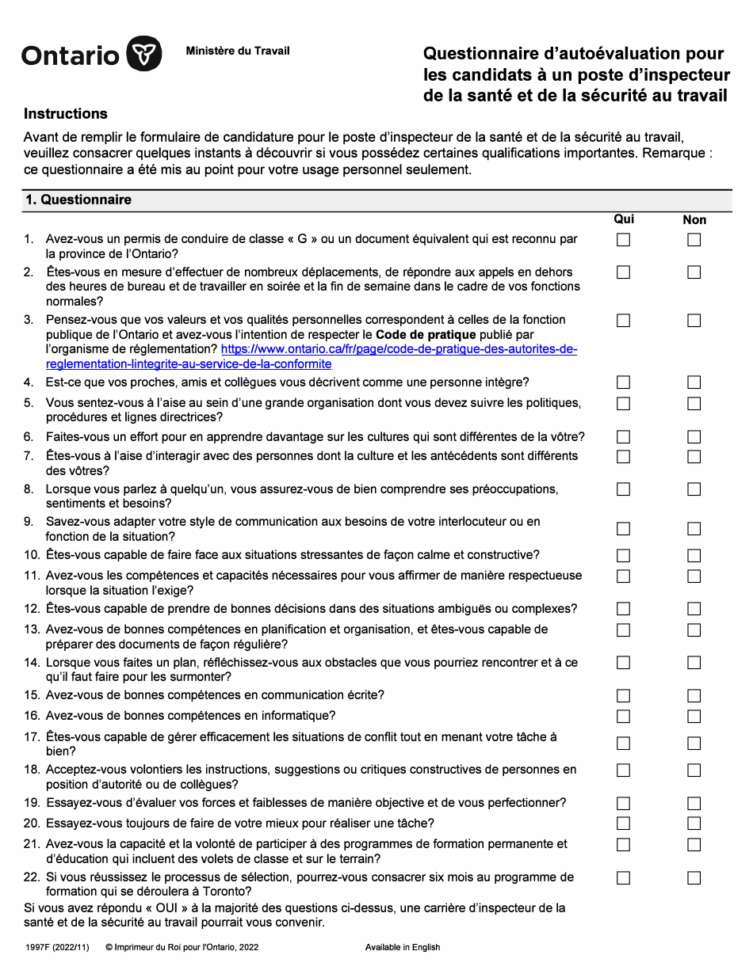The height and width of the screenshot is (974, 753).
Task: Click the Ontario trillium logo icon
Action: pos(144,55)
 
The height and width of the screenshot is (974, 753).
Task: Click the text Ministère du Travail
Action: pos(238,51)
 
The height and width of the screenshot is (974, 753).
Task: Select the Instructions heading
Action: pos(66,114)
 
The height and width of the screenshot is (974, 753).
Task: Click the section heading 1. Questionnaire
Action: pos(78,200)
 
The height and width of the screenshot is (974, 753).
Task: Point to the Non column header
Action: pos(694,220)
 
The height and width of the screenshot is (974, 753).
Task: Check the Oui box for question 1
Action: pos(624,240)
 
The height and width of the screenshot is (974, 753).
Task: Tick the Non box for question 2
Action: pos(694,272)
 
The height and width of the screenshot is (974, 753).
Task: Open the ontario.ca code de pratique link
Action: pos(399,349)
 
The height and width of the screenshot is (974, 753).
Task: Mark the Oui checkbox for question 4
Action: pos(624,382)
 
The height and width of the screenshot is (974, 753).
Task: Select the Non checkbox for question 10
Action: pos(694,556)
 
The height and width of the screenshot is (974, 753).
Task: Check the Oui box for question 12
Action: pos(624,609)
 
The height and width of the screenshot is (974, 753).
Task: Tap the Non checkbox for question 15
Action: pos(694,696)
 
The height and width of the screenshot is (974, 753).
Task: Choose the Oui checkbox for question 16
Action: pos(624,717)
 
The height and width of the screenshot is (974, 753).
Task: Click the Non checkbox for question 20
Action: pos(694,824)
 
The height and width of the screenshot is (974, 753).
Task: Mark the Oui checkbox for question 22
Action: pos(624,878)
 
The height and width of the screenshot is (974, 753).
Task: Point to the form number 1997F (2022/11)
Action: pos(58,947)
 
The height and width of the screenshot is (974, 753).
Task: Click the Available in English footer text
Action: pos(403,947)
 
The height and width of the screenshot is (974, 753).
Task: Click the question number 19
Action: pos(32,803)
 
